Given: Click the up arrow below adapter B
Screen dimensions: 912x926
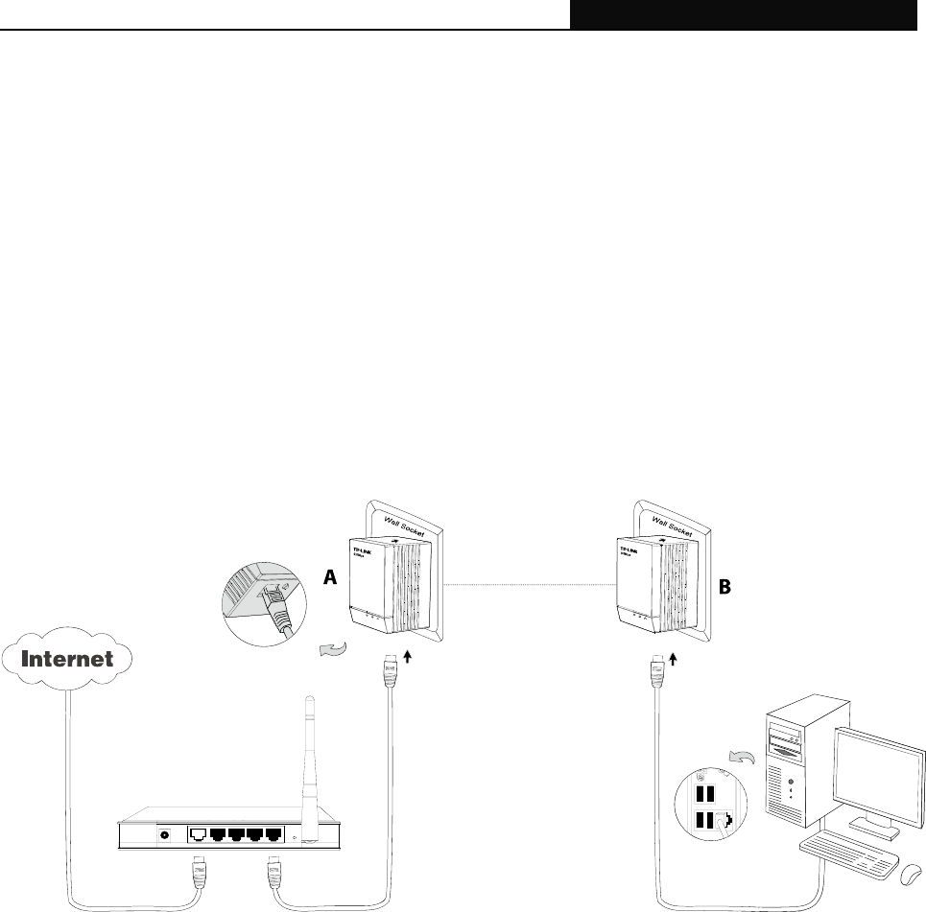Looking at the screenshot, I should (x=674, y=659).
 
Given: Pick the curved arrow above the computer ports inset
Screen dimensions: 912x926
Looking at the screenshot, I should (x=739, y=760).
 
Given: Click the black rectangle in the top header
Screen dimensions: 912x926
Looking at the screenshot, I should (x=748, y=14).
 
